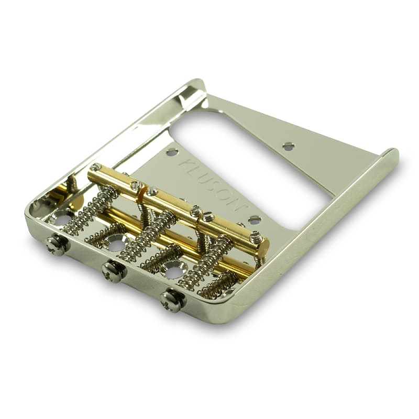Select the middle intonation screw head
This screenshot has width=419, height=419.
click(113, 271)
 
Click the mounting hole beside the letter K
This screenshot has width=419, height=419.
click(172, 152)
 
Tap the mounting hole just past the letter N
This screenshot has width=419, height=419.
click(255, 220)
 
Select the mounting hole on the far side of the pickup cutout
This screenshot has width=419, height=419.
click(289, 146)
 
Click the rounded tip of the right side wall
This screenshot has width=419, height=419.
click(390, 153)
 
